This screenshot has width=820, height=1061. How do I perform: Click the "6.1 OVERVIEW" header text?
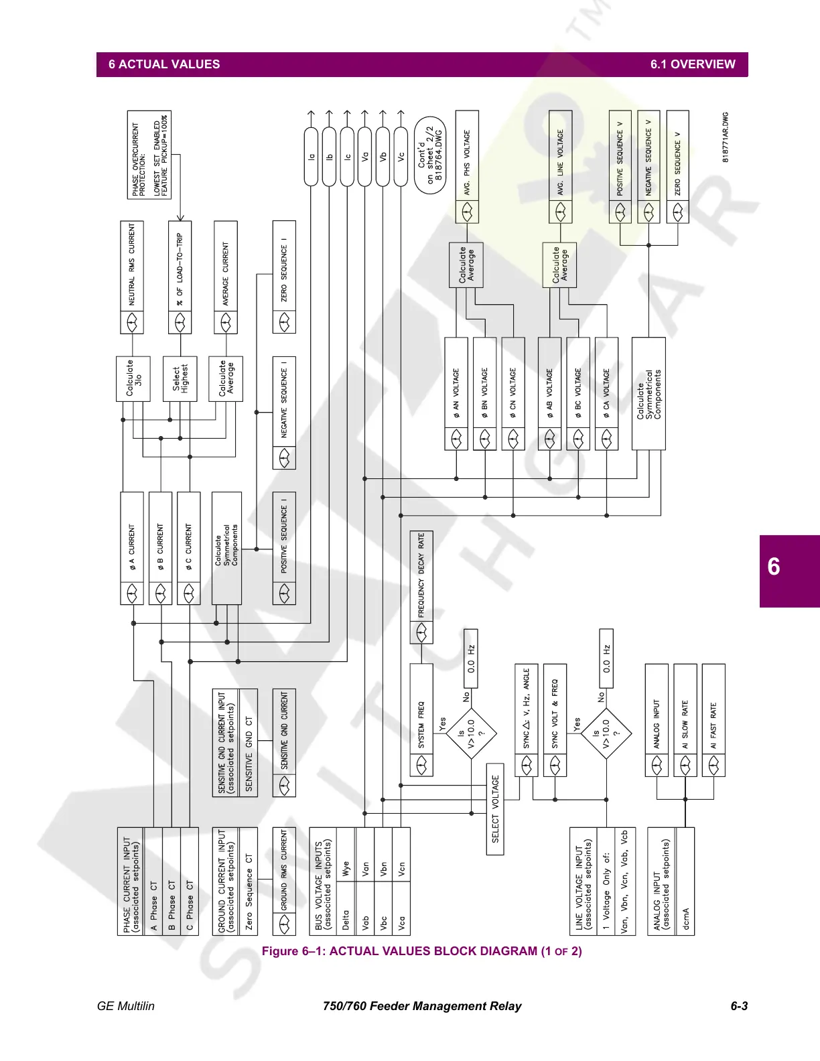click(x=692, y=65)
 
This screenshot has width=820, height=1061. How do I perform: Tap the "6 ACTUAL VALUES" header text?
click(x=164, y=65)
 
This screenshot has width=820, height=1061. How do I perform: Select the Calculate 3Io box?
click(x=133, y=378)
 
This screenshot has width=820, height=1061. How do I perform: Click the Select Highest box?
click(x=180, y=378)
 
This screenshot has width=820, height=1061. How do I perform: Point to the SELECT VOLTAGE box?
click(x=495, y=808)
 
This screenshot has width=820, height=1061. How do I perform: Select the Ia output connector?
click(x=311, y=156)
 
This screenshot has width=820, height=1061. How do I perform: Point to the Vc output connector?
click(x=401, y=156)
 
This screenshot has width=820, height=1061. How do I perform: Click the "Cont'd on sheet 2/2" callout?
click(x=430, y=156)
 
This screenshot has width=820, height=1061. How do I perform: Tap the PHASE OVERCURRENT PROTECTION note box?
click(x=149, y=155)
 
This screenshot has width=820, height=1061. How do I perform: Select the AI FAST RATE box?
click(x=713, y=720)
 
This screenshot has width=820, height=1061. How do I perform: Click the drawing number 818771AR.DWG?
click(x=725, y=137)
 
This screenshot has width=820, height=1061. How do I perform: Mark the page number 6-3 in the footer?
click(x=739, y=1006)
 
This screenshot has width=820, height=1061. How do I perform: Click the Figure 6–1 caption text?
click(x=421, y=951)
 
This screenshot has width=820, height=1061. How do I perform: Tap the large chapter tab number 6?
click(x=774, y=567)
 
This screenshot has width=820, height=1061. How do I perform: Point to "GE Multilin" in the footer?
click(x=126, y=1006)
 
